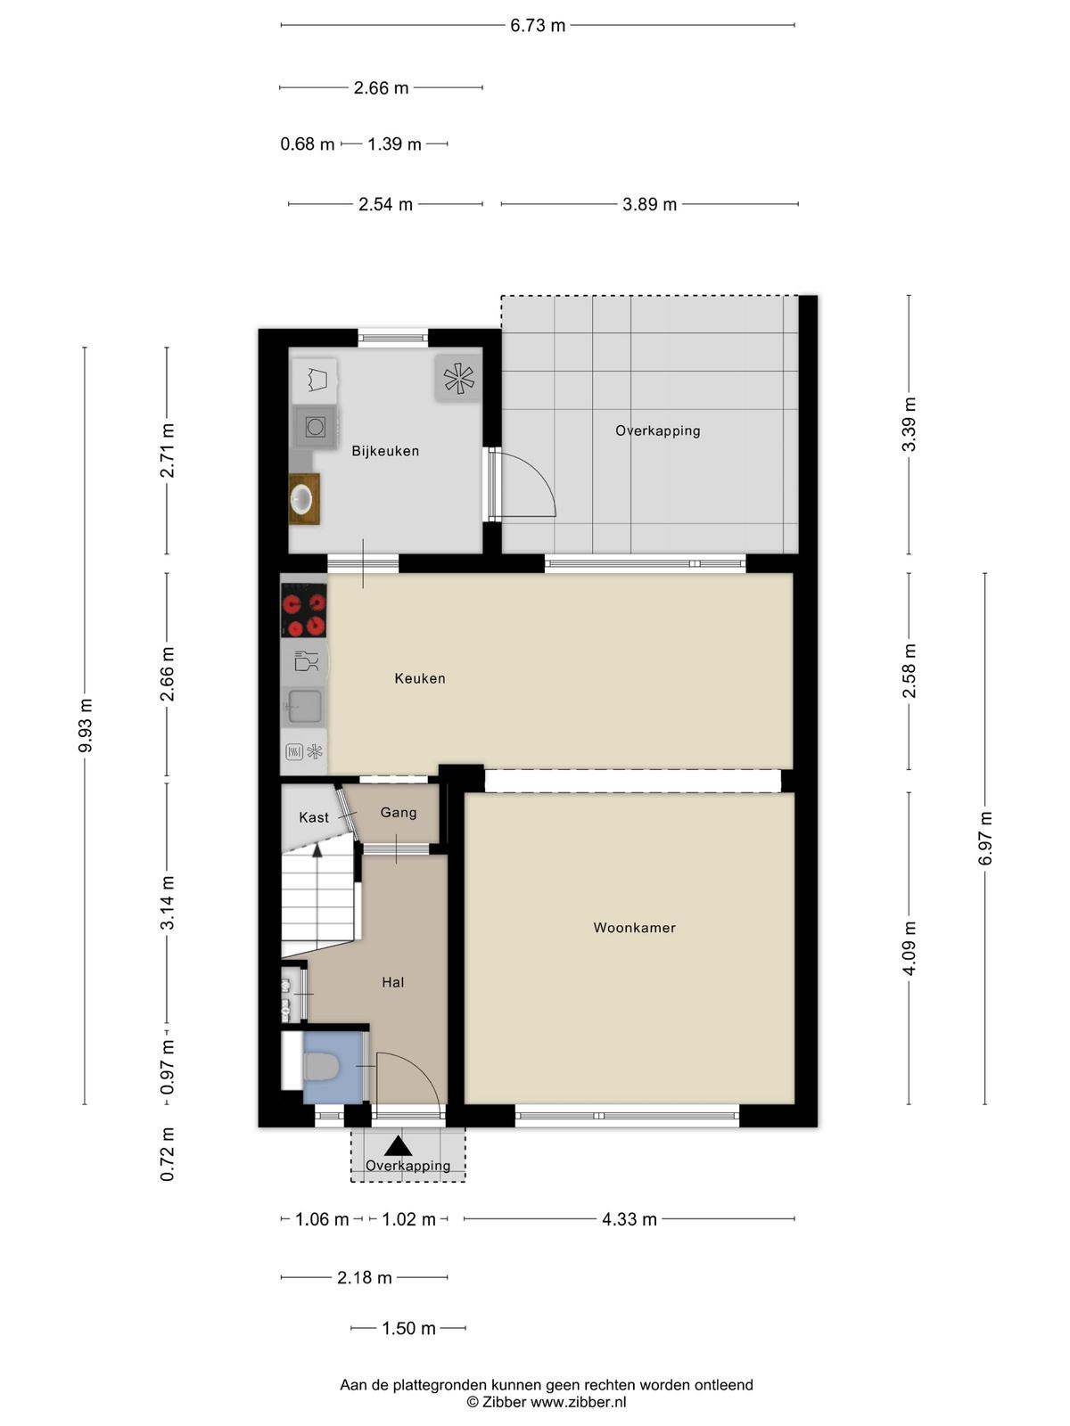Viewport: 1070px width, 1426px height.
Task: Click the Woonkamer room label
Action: pyautogui.click(x=634, y=928)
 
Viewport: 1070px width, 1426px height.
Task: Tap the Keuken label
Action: pyautogui.click(x=420, y=678)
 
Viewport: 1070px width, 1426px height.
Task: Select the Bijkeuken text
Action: pyautogui.click(x=385, y=451)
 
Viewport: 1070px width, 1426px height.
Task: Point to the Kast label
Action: pyautogui.click(x=314, y=817)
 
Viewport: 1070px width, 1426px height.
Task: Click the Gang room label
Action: pyautogui.click(x=399, y=813)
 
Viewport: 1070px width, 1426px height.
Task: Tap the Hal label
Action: pyautogui.click(x=393, y=982)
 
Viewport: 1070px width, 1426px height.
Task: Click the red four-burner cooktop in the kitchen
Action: pyautogui.click(x=303, y=610)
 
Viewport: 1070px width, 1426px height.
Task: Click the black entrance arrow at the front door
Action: pyautogui.click(x=398, y=1147)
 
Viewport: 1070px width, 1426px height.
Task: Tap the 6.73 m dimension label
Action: pyautogui.click(x=538, y=25)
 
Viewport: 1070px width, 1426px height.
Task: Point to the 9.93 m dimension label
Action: pyautogui.click(x=85, y=725)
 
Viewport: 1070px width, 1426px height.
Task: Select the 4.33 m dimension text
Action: pyautogui.click(x=629, y=1219)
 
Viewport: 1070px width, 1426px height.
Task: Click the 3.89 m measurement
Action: pyautogui.click(x=650, y=205)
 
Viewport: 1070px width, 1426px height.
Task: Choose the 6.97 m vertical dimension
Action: pyautogui.click(x=985, y=838)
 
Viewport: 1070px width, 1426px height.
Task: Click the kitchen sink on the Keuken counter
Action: pyautogui.click(x=303, y=706)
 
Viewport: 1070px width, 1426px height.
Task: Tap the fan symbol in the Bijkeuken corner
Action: pyautogui.click(x=458, y=378)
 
